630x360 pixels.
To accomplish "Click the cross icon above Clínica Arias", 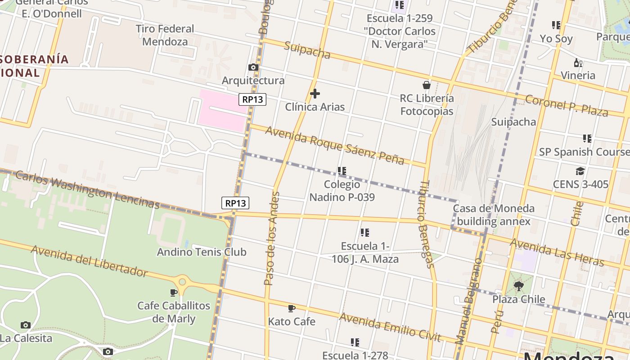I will [x=315, y=94].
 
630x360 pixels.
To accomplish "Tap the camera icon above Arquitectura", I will [x=253, y=67].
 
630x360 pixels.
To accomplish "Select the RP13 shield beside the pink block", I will [x=252, y=99].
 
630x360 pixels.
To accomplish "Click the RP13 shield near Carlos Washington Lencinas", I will [x=235, y=203].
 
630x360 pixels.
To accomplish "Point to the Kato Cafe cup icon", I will [x=292, y=308].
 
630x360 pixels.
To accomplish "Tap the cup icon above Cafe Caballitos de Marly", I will [x=174, y=292].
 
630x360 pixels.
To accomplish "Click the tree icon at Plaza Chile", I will [x=519, y=286].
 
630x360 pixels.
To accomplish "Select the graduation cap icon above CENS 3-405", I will [x=580, y=171].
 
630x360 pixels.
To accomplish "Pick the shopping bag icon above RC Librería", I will [x=427, y=85].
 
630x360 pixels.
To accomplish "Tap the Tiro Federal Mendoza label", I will [x=165, y=35].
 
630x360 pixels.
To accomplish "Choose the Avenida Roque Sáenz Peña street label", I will [x=335, y=145].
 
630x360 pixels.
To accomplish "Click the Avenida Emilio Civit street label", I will [x=390, y=327].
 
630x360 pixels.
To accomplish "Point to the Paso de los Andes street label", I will [x=272, y=238].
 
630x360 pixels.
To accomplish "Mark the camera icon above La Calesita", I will [x=26, y=325].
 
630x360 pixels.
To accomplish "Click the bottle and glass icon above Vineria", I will [x=578, y=63].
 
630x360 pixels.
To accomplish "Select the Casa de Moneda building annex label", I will [x=494, y=215].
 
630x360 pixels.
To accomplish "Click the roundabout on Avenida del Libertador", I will [x=182, y=282].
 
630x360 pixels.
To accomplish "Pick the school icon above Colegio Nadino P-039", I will [x=342, y=171].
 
